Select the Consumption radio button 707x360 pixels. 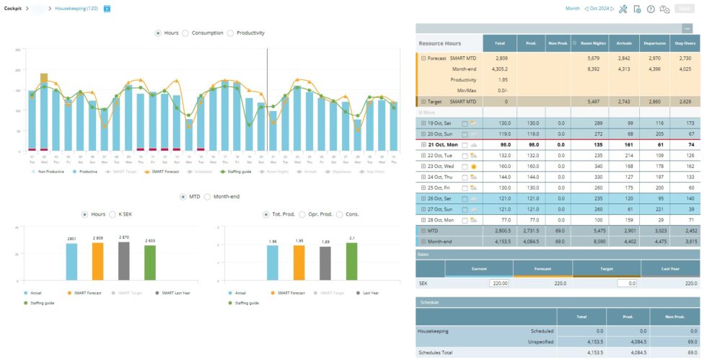pyautogui.click(x=185, y=32)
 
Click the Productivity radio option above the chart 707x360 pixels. pyautogui.click(x=231, y=32)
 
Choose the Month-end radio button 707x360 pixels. pyautogui.click(x=208, y=196)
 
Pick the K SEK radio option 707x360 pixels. pyautogui.click(x=113, y=214)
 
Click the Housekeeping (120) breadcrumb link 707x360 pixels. pyautogui.click(x=76, y=9)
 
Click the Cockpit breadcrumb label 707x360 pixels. pyautogui.click(x=13, y=9)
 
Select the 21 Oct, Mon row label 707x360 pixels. pyautogui.click(x=437, y=144)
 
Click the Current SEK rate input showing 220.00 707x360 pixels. pyautogui.click(x=499, y=284)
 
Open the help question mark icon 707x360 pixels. pyautogui.click(x=650, y=9)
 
